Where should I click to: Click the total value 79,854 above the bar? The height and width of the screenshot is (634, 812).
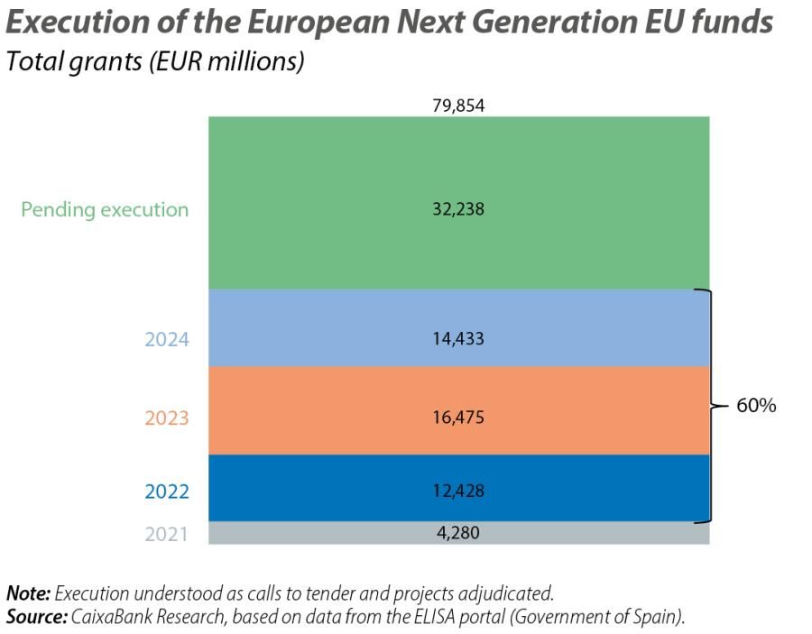pyautogui.click(x=458, y=106)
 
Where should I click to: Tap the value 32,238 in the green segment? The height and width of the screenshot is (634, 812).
pyautogui.click(x=458, y=209)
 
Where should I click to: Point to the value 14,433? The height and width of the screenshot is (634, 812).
pyautogui.click(x=458, y=339)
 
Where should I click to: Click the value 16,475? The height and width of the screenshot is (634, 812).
pyautogui.click(x=458, y=418)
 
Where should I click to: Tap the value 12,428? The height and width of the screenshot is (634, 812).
pyautogui.click(x=458, y=492)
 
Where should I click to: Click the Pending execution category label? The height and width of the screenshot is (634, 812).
pyautogui.click(x=105, y=210)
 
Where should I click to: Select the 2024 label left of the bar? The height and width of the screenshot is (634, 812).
pyautogui.click(x=166, y=340)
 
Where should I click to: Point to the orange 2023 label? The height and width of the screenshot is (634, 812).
pyautogui.click(x=166, y=418)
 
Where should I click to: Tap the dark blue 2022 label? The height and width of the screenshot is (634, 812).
pyautogui.click(x=166, y=492)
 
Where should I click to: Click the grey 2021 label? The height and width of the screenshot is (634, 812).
pyautogui.click(x=166, y=534)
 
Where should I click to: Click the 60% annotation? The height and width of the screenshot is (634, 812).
pyautogui.click(x=756, y=406)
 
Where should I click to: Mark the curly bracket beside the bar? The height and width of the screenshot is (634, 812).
pyautogui.click(x=714, y=406)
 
